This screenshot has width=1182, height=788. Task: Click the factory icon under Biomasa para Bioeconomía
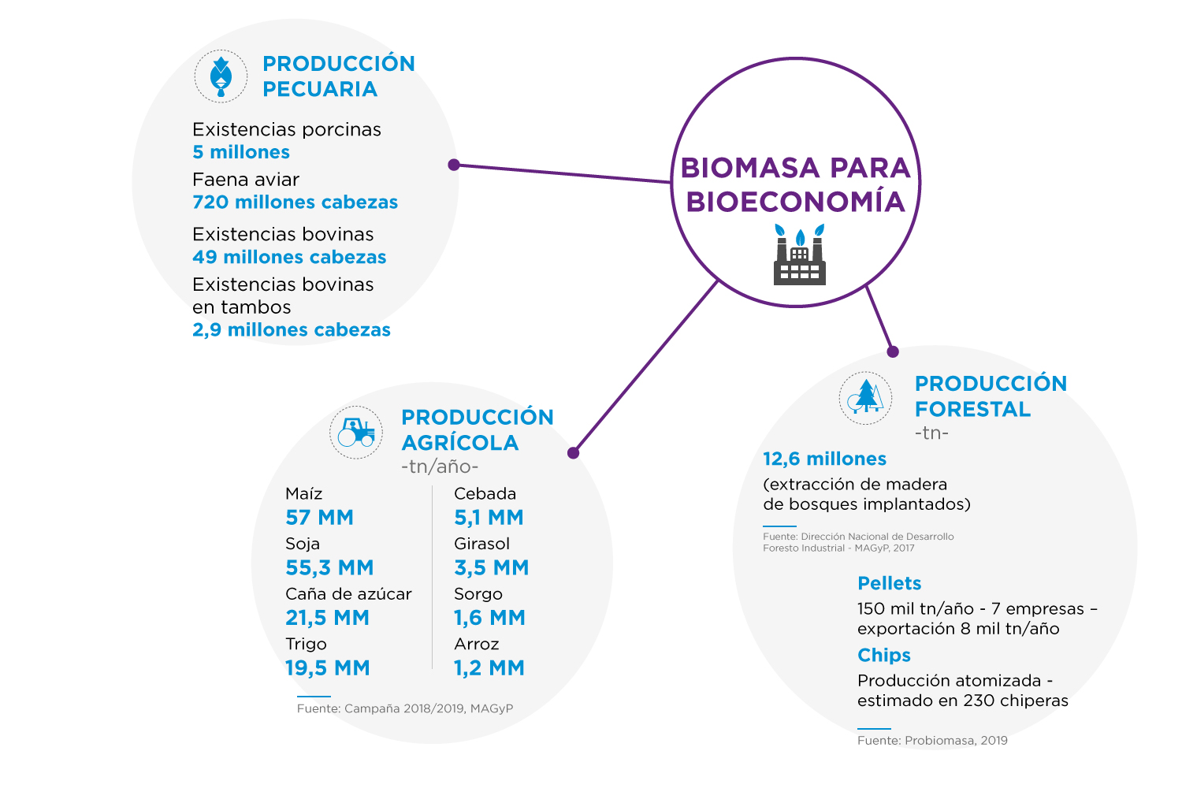click(x=800, y=255)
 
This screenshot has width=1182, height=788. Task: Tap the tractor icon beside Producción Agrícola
click(x=356, y=433)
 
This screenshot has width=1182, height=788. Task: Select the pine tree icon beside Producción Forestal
click(x=865, y=397)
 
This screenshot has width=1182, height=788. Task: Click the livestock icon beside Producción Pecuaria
click(x=221, y=77)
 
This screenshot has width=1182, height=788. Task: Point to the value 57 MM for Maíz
click(x=319, y=517)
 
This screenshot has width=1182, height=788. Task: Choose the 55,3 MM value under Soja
click(x=329, y=567)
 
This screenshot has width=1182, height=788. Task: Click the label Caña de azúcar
click(x=348, y=594)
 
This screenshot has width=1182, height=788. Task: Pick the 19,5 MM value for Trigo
click(x=327, y=667)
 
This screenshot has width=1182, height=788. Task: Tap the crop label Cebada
click(x=485, y=493)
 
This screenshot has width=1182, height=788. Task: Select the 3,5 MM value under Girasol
click(x=491, y=567)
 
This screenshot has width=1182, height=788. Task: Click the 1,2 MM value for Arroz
click(x=489, y=667)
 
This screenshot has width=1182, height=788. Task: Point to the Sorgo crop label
click(x=478, y=594)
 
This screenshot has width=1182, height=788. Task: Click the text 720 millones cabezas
click(x=295, y=203)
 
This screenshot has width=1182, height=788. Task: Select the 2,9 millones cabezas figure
click(x=292, y=330)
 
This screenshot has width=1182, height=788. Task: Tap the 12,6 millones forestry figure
click(x=824, y=459)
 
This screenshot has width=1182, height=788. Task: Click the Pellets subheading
click(x=889, y=583)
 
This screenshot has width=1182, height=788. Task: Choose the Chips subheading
click(x=884, y=655)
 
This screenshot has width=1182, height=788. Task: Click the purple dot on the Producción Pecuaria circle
click(x=454, y=165)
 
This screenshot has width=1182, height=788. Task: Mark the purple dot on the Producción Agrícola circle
click(x=574, y=453)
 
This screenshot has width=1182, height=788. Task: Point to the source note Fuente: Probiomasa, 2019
click(x=932, y=740)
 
